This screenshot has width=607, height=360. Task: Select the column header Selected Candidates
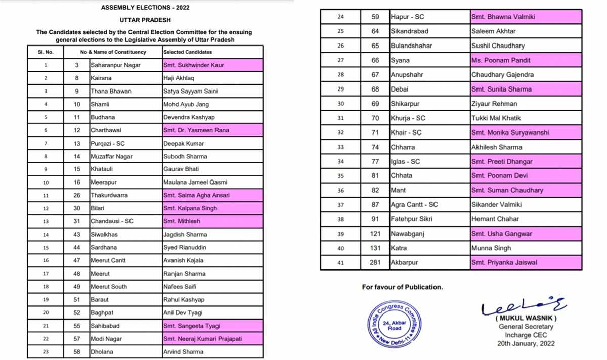click(x=188, y=52)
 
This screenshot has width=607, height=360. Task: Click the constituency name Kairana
click(x=101, y=78)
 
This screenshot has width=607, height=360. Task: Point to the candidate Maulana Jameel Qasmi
click(x=195, y=182)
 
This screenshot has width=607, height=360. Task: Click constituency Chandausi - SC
click(x=112, y=221)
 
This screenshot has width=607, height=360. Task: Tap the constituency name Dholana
click(x=102, y=352)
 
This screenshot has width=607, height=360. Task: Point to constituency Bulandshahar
click(x=411, y=46)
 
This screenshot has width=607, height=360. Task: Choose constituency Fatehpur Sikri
click(x=411, y=219)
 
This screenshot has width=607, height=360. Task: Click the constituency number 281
click(x=374, y=263)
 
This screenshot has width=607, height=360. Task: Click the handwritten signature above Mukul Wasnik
click(x=524, y=305)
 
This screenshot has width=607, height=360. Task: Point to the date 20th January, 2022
click(x=526, y=344)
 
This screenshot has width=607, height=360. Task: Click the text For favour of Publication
click(x=402, y=287)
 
